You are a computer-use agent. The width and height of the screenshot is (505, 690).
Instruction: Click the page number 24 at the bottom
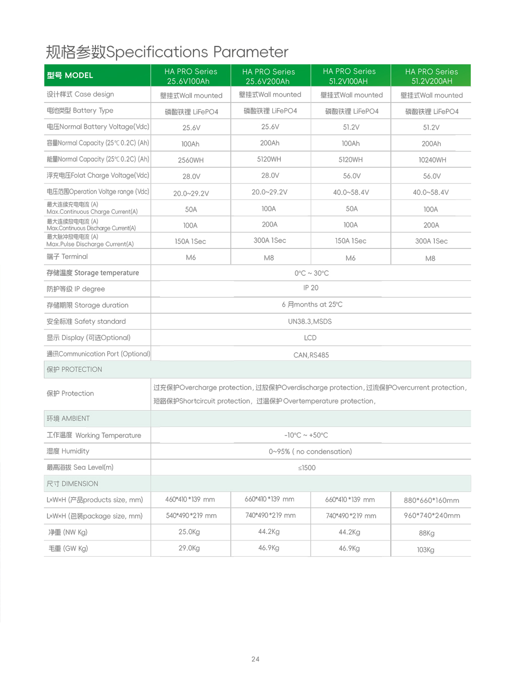255,659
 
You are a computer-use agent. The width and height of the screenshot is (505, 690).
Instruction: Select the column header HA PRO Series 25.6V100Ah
190,76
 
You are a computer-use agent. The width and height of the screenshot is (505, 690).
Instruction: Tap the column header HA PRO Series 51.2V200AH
431,76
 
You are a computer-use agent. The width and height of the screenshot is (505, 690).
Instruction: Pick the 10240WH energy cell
432,160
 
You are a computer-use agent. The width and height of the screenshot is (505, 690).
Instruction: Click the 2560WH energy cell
190,160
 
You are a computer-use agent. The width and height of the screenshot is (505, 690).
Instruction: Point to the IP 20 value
311,288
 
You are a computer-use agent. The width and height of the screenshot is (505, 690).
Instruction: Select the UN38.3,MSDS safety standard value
310,322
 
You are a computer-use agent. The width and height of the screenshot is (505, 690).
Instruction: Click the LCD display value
310,338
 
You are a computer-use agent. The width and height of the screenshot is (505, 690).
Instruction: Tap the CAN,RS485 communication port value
311,355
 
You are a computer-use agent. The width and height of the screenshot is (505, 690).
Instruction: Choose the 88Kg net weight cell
426,533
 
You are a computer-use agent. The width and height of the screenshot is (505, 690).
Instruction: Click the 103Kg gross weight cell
425,550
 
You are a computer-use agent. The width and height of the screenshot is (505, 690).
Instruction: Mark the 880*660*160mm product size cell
431,501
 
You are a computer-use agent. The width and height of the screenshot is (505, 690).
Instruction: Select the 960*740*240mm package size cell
432,516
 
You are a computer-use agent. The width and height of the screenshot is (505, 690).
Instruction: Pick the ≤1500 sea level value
307,468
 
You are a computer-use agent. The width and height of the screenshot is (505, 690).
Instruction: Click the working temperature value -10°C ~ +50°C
306,435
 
